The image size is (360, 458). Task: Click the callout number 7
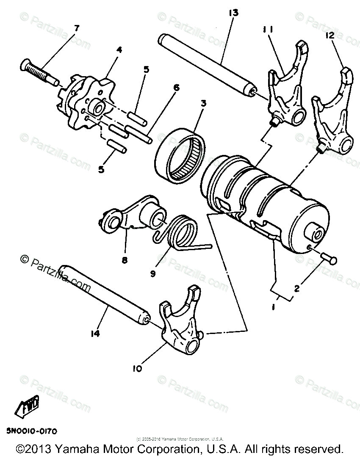(x=76, y=29)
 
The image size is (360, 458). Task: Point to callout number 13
(x=233, y=13)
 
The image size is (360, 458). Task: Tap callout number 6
(x=176, y=88)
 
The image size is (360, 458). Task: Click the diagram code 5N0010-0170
(x=31, y=431)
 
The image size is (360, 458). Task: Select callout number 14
(x=95, y=334)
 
